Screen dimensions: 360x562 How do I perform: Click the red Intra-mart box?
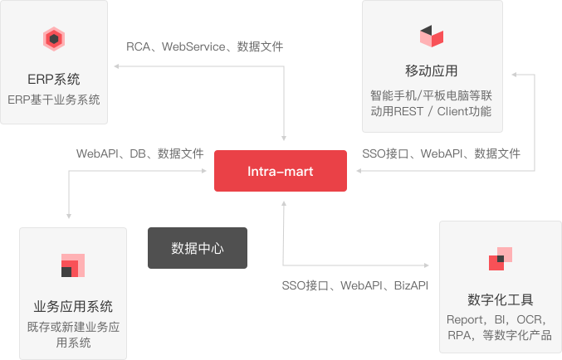[281, 171]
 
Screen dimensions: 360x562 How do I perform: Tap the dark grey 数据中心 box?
[198, 248]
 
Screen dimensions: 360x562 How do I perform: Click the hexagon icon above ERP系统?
[55, 39]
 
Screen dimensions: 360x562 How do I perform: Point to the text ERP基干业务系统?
[54, 100]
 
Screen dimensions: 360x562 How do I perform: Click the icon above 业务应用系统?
[73, 265]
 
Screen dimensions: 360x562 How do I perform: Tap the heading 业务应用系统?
[73, 306]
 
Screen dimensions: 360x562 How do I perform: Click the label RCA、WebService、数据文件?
[204, 47]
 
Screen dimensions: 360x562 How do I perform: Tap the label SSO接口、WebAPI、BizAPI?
[354, 286]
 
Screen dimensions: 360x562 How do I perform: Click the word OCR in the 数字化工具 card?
[529, 319]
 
